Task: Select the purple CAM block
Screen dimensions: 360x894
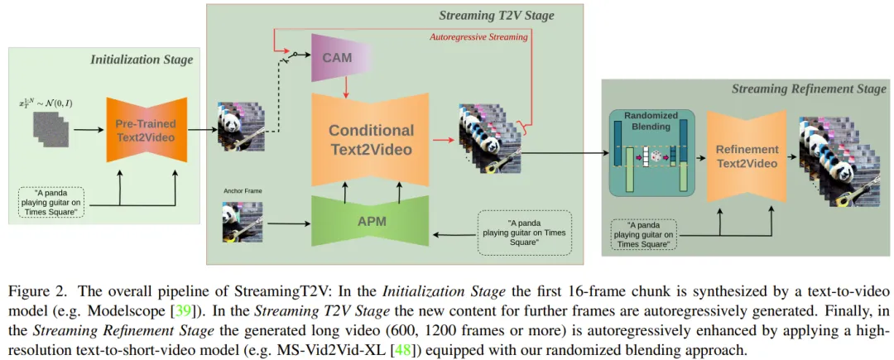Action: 338,58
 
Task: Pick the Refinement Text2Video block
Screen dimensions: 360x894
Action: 747,156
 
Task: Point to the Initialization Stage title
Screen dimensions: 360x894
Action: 143,60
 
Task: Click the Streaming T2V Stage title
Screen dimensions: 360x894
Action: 496,15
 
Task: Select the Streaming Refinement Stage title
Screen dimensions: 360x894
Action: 809,89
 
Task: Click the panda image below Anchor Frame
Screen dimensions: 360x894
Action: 240,222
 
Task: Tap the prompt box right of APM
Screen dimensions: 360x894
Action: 525,232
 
